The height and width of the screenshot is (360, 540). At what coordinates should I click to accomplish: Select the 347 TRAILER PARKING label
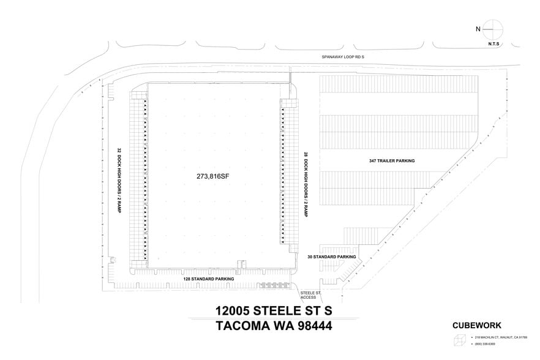tap(392, 160)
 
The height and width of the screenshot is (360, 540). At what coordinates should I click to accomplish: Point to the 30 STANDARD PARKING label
tap(332, 257)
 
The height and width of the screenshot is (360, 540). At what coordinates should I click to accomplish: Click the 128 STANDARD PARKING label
tap(208, 279)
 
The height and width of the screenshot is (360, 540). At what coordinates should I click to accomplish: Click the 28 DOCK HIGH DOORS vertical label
tap(304, 184)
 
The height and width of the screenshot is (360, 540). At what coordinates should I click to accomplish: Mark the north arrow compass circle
tap(493, 28)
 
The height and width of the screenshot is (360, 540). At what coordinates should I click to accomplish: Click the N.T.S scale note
tap(493, 44)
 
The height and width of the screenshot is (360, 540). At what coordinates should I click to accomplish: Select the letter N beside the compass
tap(478, 29)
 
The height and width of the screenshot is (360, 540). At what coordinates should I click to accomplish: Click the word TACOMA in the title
tap(243, 326)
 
